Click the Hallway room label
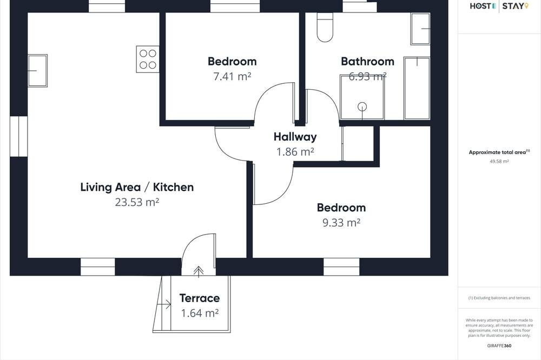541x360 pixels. pyautogui.click(x=295, y=137)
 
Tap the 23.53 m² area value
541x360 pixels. pyautogui.click(x=137, y=202)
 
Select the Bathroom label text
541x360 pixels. pyautogui.click(x=367, y=62)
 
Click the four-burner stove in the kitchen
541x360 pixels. pyautogui.click(x=148, y=59)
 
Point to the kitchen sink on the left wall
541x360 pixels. pyautogui.click(x=37, y=71)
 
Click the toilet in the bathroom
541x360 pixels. pyautogui.click(x=325, y=27)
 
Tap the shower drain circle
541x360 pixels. pyautogui.click(x=362, y=107)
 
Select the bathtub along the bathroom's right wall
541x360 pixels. pyautogui.click(x=417, y=88)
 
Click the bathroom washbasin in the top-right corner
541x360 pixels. pyautogui.click(x=420, y=29)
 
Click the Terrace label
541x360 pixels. pyautogui.click(x=200, y=298)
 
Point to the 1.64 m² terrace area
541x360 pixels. pyautogui.click(x=200, y=313)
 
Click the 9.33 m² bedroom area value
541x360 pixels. pyautogui.click(x=341, y=223)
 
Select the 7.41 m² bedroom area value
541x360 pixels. pyautogui.click(x=232, y=77)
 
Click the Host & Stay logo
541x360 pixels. pyautogui.click(x=499, y=6)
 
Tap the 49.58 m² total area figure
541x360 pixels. pyautogui.click(x=499, y=161)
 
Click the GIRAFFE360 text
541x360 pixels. pyautogui.click(x=499, y=345)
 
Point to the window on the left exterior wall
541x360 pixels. pyautogui.click(x=18, y=136)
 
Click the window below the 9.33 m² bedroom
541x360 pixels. pyautogui.click(x=341, y=266)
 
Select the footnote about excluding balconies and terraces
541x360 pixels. pyautogui.click(x=499, y=298)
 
